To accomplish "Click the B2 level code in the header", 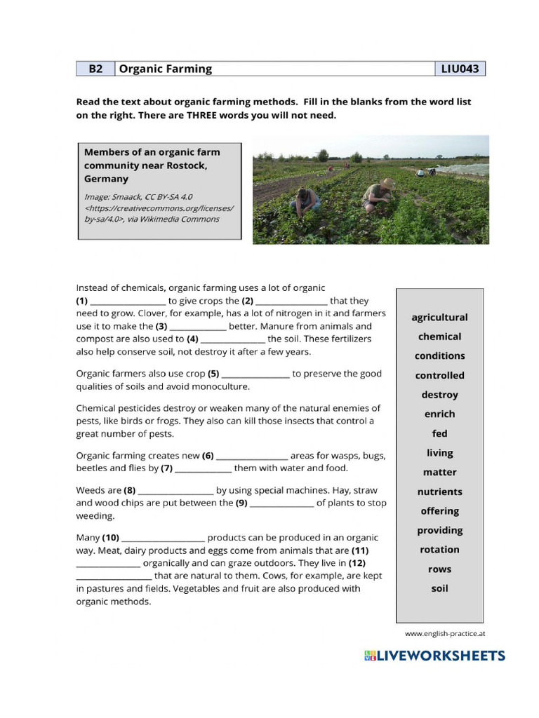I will (x=95, y=69).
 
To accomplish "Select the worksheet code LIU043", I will (x=460, y=69).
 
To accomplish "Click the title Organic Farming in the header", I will (x=166, y=69).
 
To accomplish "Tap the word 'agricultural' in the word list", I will (x=439, y=318).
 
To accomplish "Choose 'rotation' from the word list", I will (x=439, y=550).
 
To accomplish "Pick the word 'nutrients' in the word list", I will (x=439, y=492).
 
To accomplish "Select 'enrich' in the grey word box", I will (x=439, y=414).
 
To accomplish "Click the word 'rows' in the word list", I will (x=439, y=569).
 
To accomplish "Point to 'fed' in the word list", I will (x=439, y=433).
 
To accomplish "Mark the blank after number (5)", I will (x=255, y=375).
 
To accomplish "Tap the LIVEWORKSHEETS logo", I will (x=434, y=656).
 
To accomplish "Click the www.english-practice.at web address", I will (x=445, y=634).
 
